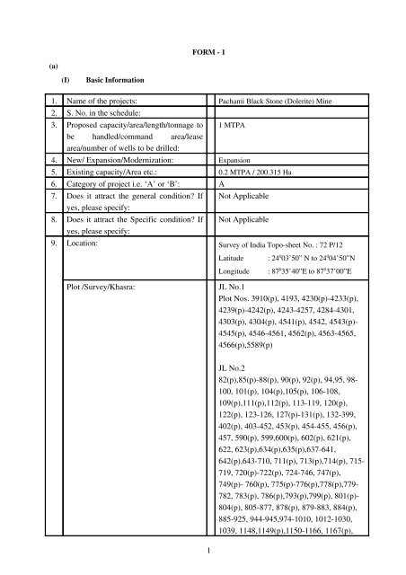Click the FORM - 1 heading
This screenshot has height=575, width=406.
point(201,49)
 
